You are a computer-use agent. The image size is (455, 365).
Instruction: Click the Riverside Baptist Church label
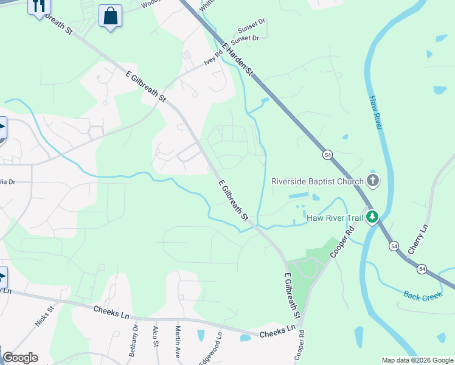tap(316, 181)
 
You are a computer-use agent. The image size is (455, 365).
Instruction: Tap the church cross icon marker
tap(372, 181)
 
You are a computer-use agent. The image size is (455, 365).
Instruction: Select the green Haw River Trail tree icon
tap(371, 217)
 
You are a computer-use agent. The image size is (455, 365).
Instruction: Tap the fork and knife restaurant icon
tap(39, 7)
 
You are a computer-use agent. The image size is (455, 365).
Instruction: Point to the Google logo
tap(20, 357)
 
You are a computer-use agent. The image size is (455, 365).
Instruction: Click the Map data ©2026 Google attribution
tap(417, 360)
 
